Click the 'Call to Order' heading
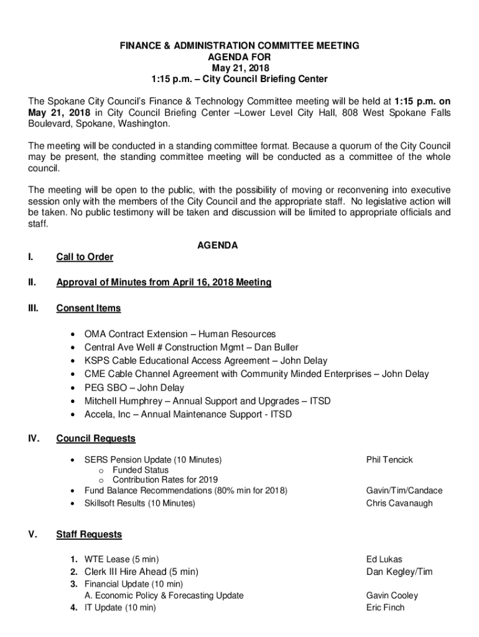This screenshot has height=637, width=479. tap(85, 257)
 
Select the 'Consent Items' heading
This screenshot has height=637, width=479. tap(88, 308)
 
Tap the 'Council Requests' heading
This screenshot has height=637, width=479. tap(96, 439)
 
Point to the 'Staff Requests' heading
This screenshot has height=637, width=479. tap(89, 534)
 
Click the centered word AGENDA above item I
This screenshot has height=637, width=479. tap(217, 246)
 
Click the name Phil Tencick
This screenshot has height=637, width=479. tap(389, 460)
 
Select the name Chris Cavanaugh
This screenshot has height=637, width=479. tap(399, 503)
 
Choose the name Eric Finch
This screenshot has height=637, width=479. tap(385, 608)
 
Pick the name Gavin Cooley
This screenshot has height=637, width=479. tap(392, 595)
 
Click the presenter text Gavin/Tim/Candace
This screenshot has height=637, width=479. tap(404, 491)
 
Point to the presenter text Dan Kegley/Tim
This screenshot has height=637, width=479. tap(399, 572)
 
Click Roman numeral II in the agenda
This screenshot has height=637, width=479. tap(32, 282)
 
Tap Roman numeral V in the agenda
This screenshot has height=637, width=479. tap(32, 534)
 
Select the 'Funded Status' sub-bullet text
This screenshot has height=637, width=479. tap(140, 470)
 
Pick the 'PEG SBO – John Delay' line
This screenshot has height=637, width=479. tap(134, 388)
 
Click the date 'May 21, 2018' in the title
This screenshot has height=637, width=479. tap(240, 68)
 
